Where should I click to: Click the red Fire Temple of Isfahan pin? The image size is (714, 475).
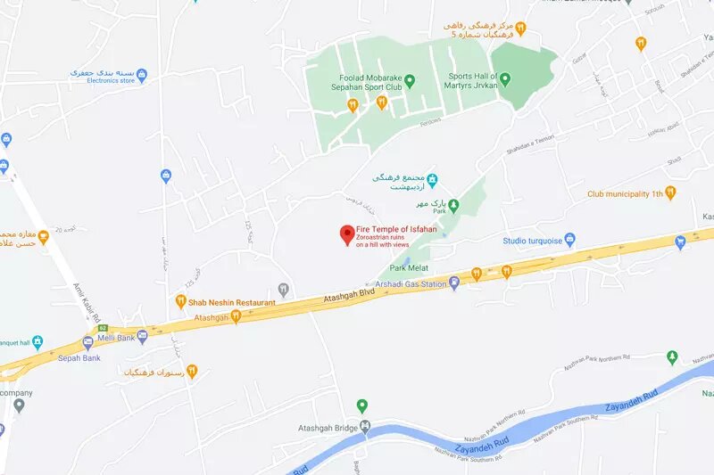[x=346, y=234]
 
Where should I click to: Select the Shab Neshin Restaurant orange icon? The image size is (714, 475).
[x=181, y=303]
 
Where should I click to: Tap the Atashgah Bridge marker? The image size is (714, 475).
[x=363, y=427]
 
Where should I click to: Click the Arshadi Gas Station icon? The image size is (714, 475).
[x=454, y=284]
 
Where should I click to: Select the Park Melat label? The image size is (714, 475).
[x=410, y=266]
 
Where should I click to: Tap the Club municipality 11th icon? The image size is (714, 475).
[x=670, y=192]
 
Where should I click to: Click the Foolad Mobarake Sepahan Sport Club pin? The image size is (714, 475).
[x=410, y=81]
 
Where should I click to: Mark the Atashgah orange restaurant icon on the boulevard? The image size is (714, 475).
[x=236, y=316]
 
